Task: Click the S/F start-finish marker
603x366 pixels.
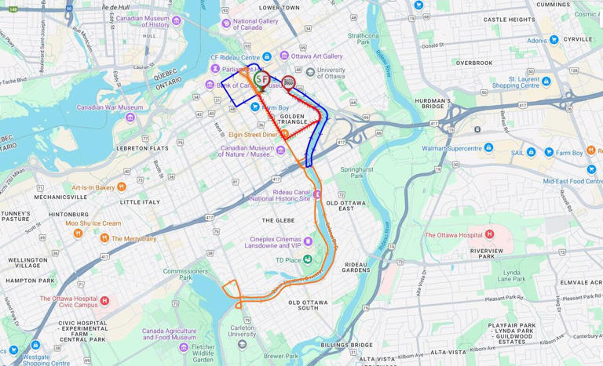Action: point(261,79)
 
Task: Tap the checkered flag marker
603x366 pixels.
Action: point(288,82)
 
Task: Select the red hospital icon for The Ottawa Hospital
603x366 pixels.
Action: point(490,234)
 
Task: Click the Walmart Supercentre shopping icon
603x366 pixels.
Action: point(488,147)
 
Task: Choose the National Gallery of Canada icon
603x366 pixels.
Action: point(226,24)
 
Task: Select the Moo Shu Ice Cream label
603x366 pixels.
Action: point(93,223)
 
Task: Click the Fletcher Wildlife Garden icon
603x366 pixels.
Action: point(183,346)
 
